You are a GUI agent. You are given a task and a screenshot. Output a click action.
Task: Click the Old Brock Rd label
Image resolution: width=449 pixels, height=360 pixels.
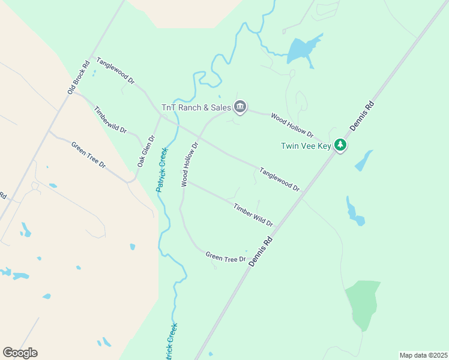[79, 76]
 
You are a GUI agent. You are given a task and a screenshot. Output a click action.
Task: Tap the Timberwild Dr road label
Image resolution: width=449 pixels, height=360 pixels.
[110, 120]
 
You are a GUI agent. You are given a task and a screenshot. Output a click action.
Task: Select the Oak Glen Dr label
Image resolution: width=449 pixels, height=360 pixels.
[146, 151]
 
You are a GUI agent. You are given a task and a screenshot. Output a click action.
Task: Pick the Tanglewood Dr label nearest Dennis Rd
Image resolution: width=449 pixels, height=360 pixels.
[279, 179]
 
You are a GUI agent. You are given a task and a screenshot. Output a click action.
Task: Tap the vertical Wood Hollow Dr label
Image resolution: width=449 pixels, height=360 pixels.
[190, 164]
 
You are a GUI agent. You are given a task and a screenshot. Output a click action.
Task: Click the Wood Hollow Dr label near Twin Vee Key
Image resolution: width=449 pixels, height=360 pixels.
[292, 124]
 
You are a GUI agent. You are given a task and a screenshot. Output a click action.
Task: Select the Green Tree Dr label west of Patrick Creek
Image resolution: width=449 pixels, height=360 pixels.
[88, 155]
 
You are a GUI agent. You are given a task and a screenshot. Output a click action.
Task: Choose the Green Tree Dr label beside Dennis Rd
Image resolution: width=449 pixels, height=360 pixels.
[226, 257]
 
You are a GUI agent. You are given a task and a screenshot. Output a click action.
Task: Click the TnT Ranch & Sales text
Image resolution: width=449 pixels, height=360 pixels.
[196, 108]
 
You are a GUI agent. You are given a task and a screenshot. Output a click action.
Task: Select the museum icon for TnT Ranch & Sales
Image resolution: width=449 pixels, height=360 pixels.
[240, 107]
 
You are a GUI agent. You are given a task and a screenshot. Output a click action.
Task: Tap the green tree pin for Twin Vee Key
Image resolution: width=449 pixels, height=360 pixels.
[340, 145]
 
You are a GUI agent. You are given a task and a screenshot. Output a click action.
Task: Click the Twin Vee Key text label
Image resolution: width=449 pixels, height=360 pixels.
[307, 146]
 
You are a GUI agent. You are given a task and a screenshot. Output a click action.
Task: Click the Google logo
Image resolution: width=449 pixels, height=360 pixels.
[20, 353]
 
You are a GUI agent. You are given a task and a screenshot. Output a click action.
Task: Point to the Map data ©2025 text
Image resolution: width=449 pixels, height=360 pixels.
[423, 355]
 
